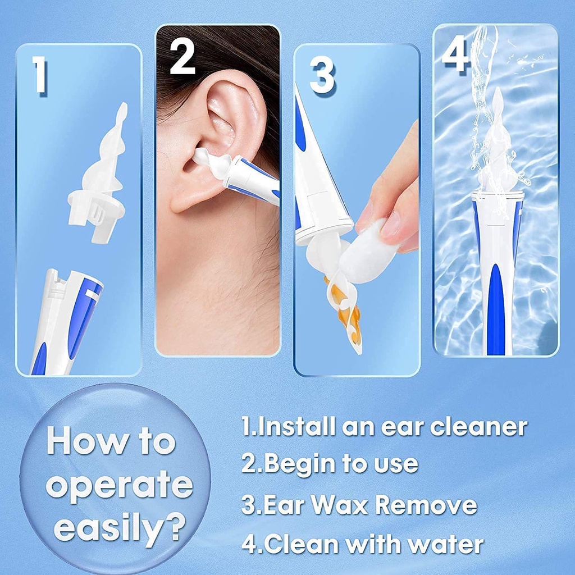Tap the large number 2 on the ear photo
[x=182, y=54]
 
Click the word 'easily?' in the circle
[x=120, y=528]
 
